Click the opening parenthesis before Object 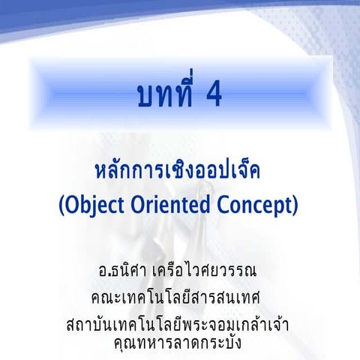(x=63, y=204)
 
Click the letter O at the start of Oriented (x=142, y=203)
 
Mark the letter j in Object (x=92, y=205)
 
